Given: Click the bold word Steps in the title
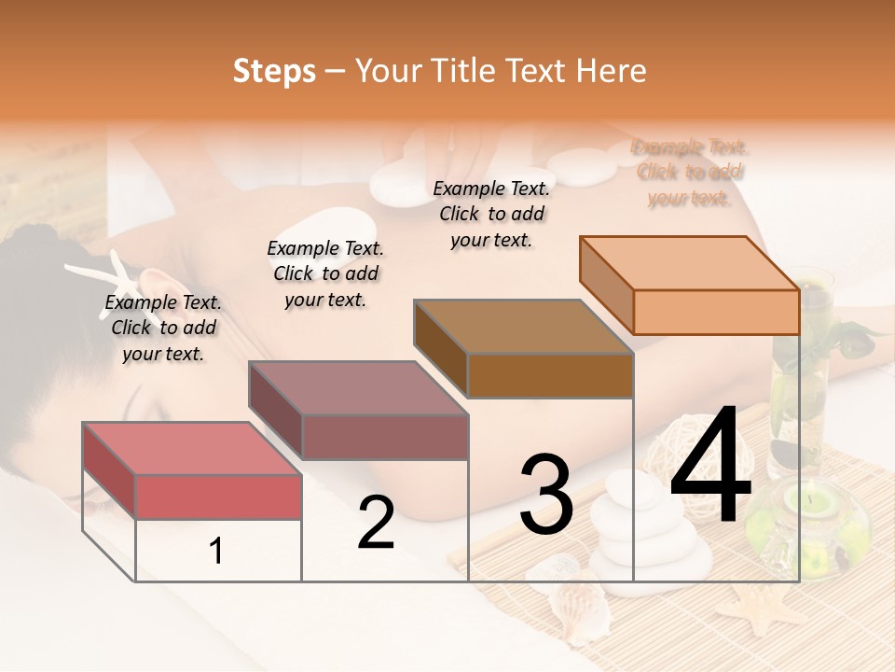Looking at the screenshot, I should click(274, 71).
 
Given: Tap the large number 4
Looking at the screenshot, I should click(711, 468).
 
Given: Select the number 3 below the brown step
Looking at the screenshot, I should click(546, 495).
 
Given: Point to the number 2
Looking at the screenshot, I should click(376, 523).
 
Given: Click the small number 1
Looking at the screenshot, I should click(216, 552).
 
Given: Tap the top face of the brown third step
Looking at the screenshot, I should click(523, 327).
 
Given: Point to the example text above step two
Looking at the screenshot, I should click(325, 273).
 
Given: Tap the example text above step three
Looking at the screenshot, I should click(491, 214).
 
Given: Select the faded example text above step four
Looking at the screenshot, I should click(690, 173).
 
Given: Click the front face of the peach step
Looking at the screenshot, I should click(716, 312).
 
